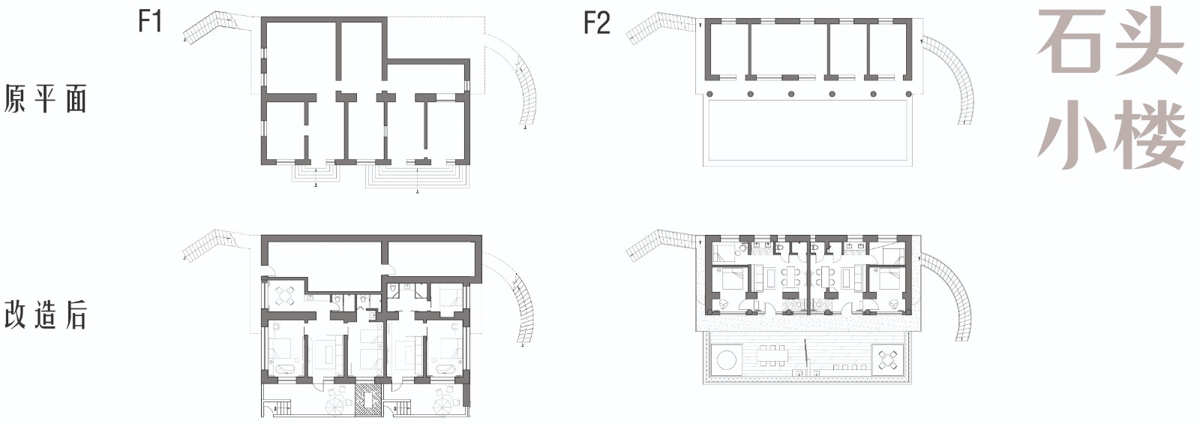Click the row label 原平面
[45, 98]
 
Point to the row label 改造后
[45, 314]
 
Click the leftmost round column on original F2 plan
[709, 94]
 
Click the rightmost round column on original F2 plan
[909, 94]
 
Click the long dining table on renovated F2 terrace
[773, 354]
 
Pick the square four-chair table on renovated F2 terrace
[888, 359]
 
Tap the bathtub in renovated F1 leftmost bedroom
[283, 369]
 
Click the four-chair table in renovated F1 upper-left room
[285, 295]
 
